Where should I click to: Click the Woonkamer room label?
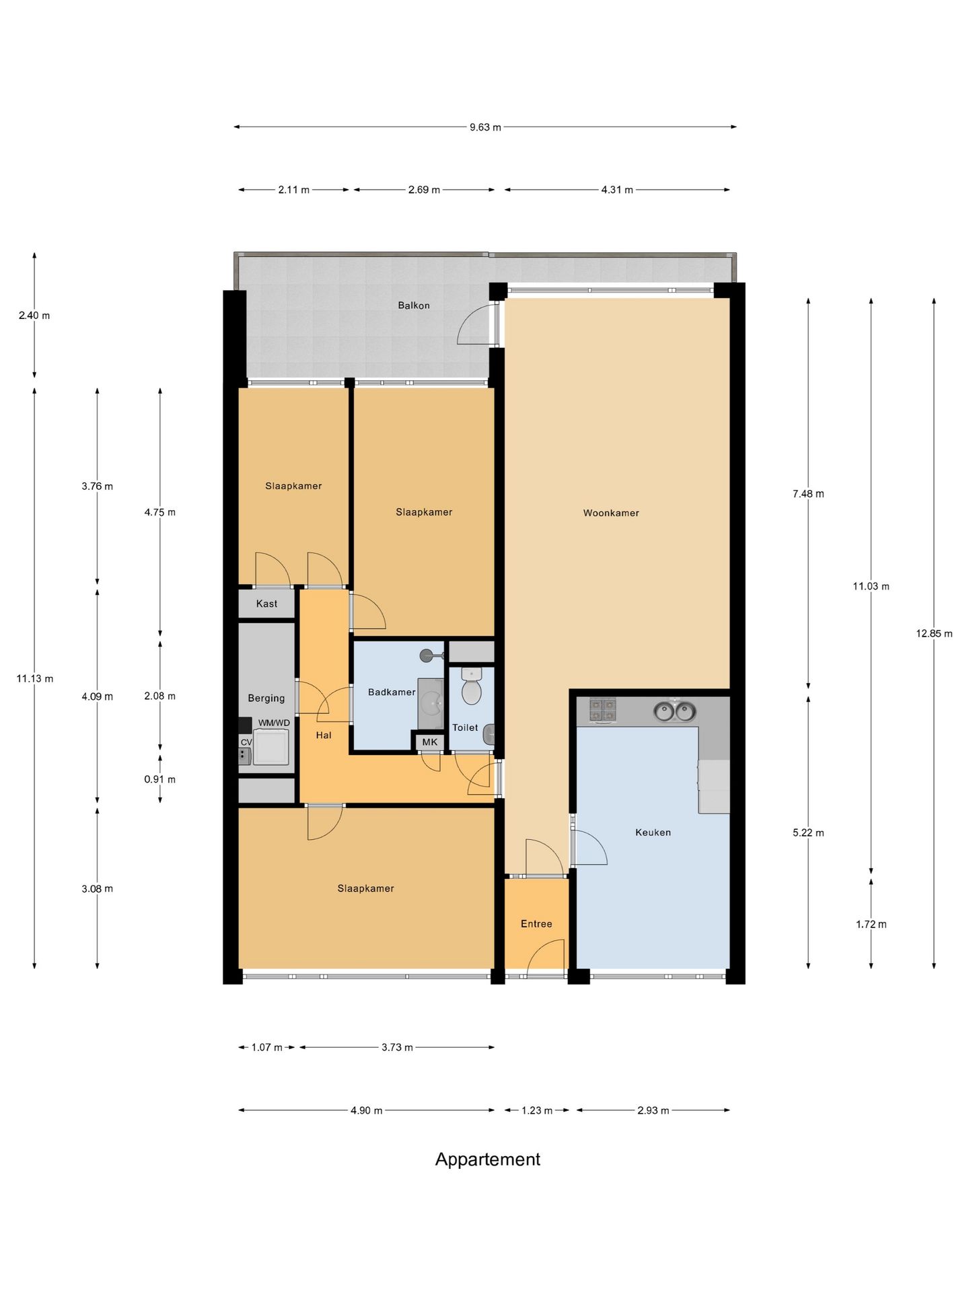[611, 513]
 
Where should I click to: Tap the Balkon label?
[414, 305]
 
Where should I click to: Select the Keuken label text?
[653, 832]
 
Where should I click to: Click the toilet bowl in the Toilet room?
[472, 687]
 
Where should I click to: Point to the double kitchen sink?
[674, 710]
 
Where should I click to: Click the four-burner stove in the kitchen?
[603, 710]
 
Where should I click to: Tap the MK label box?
[429, 742]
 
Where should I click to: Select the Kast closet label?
[266, 604]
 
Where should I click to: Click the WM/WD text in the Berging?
[274, 723]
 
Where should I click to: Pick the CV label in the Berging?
[246, 742]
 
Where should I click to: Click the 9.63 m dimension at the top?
[485, 127]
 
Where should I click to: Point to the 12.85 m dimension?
[934, 633]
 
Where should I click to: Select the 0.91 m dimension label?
[159, 779]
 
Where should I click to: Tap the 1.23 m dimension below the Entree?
[536, 1110]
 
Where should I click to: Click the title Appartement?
[488, 1159]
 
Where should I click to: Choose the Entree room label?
[536, 924]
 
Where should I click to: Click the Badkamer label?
[392, 692]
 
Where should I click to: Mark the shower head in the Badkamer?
[427, 655]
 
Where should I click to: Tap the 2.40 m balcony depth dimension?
[34, 315]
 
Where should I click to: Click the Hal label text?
[324, 735]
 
